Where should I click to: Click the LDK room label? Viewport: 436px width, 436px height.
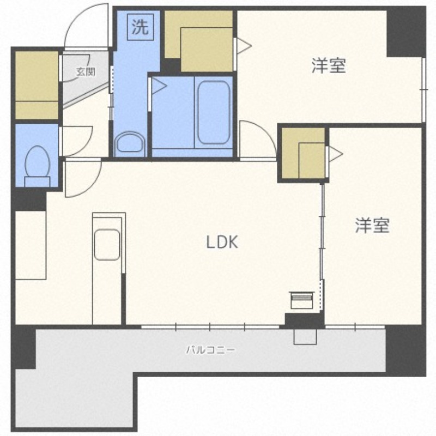point(222,242)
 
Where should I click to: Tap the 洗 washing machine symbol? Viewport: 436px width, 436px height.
point(141,27)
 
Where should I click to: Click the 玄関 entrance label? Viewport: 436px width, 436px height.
point(86,72)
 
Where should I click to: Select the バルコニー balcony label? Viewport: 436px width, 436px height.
point(210,349)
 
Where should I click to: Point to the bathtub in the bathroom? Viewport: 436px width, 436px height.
point(214,112)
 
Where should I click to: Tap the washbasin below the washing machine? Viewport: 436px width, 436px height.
point(130,144)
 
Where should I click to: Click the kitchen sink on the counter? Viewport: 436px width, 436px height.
point(107,244)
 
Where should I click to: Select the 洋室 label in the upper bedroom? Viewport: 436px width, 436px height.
point(329,65)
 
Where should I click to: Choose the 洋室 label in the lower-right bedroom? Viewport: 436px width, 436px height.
point(372,225)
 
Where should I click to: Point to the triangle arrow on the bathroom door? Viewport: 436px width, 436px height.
point(159,86)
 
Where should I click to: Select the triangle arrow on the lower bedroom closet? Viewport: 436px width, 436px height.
point(336,154)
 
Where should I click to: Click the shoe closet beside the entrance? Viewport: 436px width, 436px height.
point(37,85)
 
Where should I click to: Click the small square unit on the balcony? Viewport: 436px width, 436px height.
point(305,337)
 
